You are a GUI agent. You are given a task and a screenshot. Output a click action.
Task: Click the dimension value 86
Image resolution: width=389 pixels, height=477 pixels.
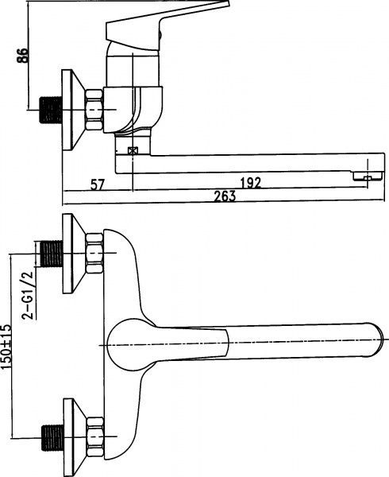click(x=22, y=56)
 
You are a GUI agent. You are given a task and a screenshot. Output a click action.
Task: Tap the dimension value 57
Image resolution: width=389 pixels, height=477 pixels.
click(x=97, y=184)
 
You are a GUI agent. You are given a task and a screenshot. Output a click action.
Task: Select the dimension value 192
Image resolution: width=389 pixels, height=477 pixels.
click(x=251, y=183)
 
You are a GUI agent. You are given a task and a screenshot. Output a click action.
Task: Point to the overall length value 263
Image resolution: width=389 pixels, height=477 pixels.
click(x=225, y=196)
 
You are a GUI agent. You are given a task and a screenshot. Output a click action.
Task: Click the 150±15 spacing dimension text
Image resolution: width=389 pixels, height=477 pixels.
click(x=6, y=347)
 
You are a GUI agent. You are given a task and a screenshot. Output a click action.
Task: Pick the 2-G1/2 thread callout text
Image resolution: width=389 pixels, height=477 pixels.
click(x=27, y=294)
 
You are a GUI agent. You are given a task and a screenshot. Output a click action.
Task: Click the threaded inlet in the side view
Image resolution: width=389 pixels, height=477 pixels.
click(x=51, y=110)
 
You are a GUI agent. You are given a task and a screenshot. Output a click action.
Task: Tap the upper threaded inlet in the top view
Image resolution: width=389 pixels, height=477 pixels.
click(x=52, y=254)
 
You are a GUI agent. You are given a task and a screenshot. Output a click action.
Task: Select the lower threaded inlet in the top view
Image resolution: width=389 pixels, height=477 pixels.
click(x=53, y=437)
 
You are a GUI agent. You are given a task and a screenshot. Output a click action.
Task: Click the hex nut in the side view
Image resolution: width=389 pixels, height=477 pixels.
click(x=94, y=110)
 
